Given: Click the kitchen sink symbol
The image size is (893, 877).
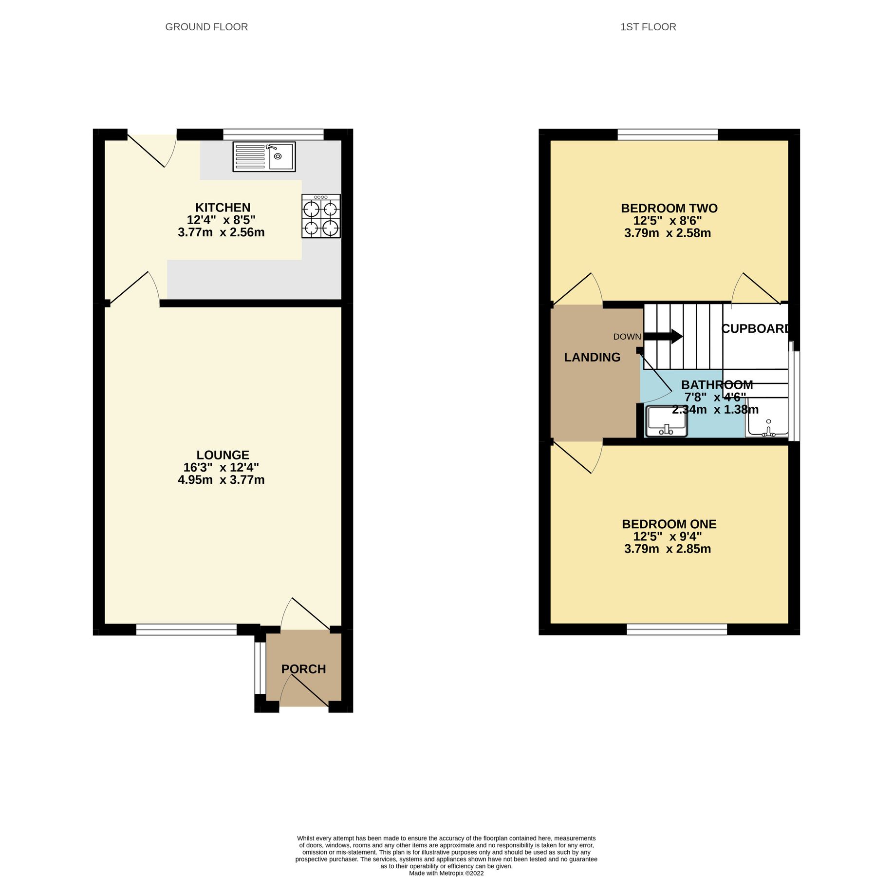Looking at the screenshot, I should pos(264,156).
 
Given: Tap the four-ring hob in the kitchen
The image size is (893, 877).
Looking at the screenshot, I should pos(321,216).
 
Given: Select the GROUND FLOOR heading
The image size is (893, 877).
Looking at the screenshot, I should pos(206,27).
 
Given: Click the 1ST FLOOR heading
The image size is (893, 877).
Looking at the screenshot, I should pos(648,27).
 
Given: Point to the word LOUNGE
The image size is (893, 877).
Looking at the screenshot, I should pos(223,455).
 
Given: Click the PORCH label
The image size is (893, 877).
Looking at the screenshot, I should pos(303,669).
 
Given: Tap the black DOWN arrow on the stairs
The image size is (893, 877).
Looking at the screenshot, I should pos(663,336).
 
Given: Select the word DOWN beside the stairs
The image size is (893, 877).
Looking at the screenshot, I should pos(627,337).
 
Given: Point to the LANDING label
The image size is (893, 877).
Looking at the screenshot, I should pos(592,357).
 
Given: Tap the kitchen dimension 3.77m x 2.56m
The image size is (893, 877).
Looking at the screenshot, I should pos(221,232).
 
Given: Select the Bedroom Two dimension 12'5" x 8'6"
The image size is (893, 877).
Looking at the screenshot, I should pos(668,221).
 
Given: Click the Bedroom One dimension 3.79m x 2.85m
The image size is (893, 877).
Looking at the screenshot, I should pos(668,549).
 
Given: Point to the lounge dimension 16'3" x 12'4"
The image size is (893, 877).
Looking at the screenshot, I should pos(221,467).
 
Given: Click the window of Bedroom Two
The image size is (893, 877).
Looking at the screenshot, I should pos(668,134).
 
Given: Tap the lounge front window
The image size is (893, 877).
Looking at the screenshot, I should pos(186,630).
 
